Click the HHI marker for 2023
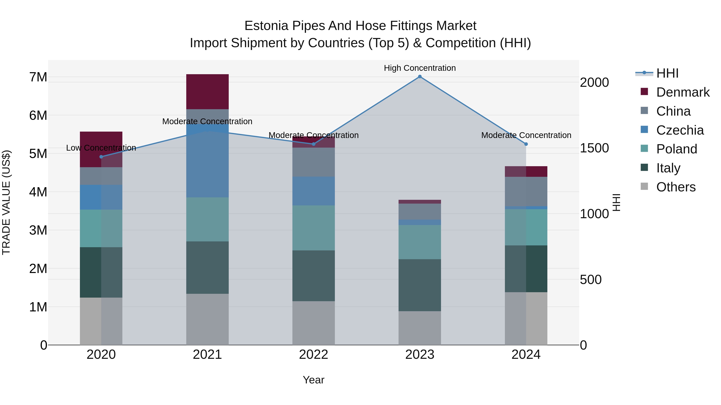coord(420,77)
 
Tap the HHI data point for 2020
coord(101,157)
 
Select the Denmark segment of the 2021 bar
coord(207,92)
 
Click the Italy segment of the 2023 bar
coord(420,285)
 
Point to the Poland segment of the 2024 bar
coord(526,227)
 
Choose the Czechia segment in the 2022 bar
coord(313,191)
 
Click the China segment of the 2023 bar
coord(420,212)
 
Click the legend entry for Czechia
coord(680,130)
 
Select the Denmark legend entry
coord(682,92)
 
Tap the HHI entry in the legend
coord(667,73)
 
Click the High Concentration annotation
coord(420,68)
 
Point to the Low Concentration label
coord(101,148)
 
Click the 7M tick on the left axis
coord(38,77)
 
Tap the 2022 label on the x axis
coord(313,355)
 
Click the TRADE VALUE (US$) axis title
coord(6,202)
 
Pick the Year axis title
coord(313,380)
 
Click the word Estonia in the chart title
coord(266,26)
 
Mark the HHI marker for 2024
coord(526,144)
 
